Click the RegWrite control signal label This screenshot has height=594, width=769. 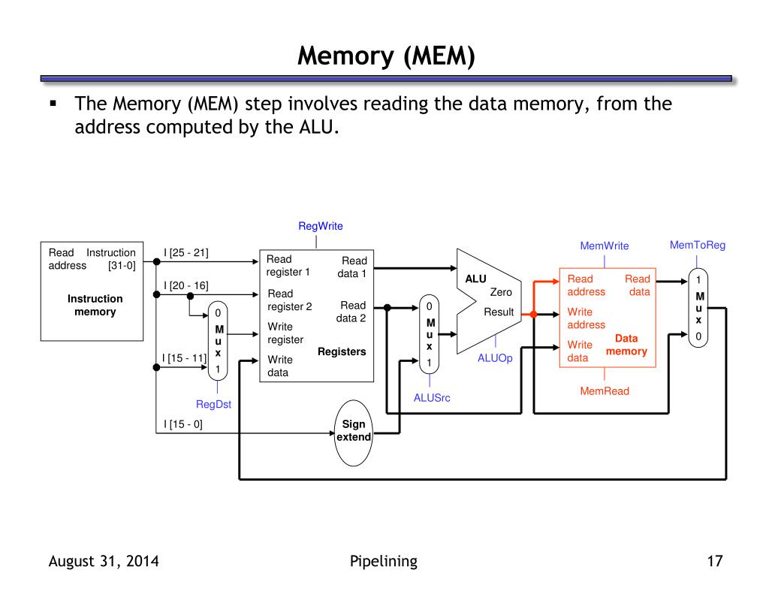320,226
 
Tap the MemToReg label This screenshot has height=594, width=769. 698,246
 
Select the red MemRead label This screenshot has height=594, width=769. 605,391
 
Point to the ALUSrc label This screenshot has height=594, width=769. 432,398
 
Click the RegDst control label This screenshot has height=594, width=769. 213,404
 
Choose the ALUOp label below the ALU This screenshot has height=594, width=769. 495,358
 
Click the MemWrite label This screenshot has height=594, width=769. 605,246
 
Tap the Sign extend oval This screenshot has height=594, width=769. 353,433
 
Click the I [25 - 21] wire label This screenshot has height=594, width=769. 186,252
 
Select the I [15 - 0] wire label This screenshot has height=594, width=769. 183,424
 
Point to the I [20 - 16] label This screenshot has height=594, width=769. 186,285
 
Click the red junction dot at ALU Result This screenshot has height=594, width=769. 534,315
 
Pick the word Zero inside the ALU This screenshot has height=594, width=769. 501,292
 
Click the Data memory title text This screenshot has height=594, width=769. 626,345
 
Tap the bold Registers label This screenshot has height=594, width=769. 342,351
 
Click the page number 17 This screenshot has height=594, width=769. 715,561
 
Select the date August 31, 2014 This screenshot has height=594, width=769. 104,561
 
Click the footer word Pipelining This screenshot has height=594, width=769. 384,561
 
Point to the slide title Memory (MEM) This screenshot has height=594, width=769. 386,56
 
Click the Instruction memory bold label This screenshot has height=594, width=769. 95,305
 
